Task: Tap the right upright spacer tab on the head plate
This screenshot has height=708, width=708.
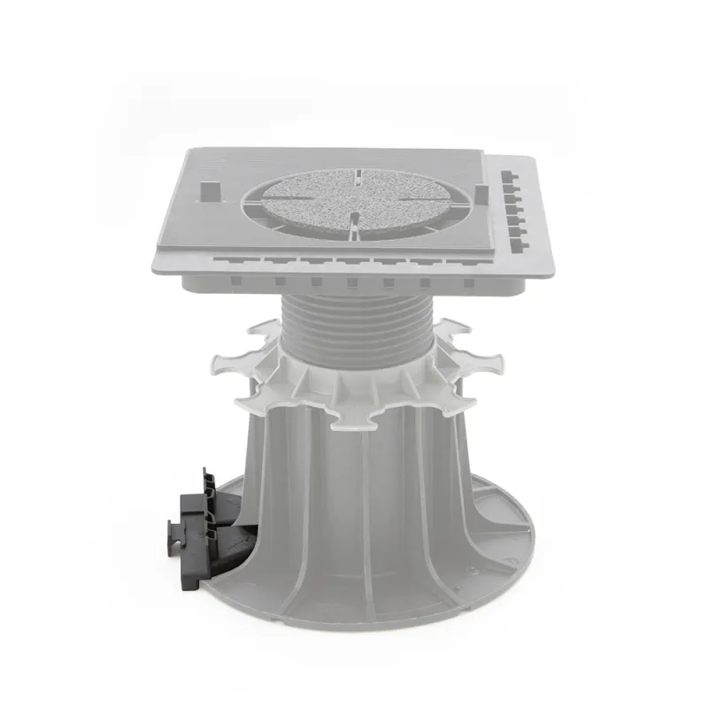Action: coord(481,195)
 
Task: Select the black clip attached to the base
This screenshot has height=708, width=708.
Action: coord(197,522)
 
